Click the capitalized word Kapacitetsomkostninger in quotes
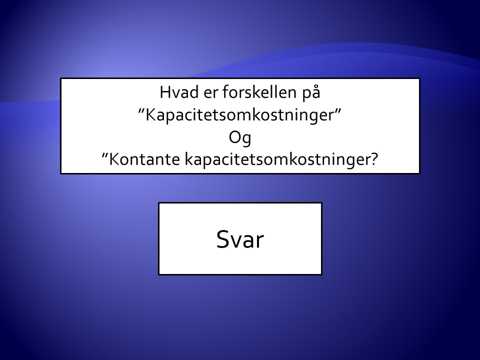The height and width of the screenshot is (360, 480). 239,115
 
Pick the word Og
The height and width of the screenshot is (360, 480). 240,138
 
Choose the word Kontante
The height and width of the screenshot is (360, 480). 144,159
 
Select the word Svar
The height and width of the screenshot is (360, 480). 240,239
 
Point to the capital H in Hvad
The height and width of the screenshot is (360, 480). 165,92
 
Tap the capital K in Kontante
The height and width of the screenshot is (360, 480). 114,159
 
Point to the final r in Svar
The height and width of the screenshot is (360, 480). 260,241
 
